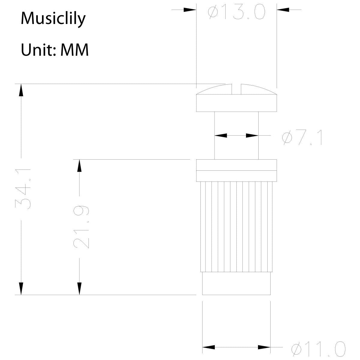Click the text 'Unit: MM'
pyautogui.click(x=55, y=50)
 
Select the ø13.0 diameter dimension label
pyautogui.click(x=237, y=12)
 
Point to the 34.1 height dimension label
pyautogui.click(x=24, y=189)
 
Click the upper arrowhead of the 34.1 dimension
pyautogui.click(x=21, y=90)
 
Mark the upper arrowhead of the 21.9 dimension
pyautogui.click(x=79, y=166)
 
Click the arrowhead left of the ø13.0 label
pyautogui.click(x=190, y=10)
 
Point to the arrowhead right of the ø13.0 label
pyautogui.click(x=283, y=10)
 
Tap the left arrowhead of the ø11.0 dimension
pyautogui.click(x=209, y=347)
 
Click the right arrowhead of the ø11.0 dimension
pyautogui.click(x=264, y=347)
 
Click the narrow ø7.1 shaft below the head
pyautogui.click(x=236, y=126)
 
